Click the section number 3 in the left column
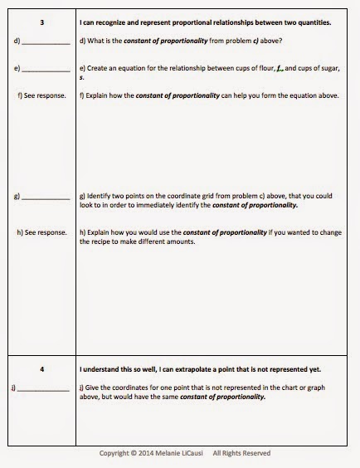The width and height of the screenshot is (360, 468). tap(42, 22)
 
